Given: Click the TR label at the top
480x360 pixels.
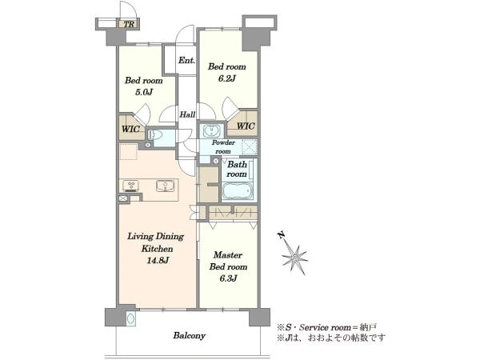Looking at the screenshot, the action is [x=130, y=24].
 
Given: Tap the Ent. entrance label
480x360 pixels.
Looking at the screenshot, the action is [x=186, y=60].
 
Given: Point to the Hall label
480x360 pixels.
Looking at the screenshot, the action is [x=187, y=114].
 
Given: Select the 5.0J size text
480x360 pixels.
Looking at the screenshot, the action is [x=144, y=92].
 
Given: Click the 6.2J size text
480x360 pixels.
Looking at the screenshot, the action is [x=227, y=78].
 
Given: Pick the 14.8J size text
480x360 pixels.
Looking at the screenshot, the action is [x=157, y=261].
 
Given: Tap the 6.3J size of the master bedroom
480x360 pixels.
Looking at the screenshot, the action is [x=228, y=278].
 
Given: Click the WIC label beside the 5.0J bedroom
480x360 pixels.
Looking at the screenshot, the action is [x=130, y=129].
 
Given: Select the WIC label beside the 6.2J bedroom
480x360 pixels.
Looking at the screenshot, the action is [x=246, y=126].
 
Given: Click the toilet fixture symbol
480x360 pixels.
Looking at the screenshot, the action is [x=155, y=134].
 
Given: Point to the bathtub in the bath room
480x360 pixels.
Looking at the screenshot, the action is [x=238, y=190].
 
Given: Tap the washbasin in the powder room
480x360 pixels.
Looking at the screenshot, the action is [x=211, y=131].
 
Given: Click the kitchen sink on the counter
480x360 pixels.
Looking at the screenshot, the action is [x=166, y=186].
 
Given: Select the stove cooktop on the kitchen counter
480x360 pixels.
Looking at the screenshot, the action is [x=131, y=186].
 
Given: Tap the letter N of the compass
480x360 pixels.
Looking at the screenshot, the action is [x=281, y=235].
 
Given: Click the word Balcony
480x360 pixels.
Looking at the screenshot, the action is [x=189, y=336].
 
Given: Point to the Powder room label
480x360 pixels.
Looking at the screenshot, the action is [x=223, y=147].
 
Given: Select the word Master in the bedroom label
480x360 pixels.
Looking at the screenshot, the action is [x=228, y=254].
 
